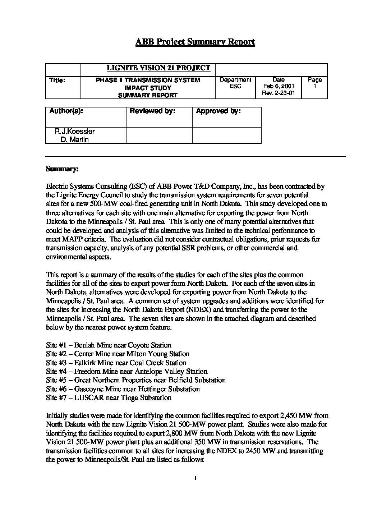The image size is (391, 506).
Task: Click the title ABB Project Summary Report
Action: tap(195, 42)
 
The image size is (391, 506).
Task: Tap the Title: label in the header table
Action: tap(57, 80)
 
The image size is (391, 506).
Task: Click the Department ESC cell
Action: tap(235, 83)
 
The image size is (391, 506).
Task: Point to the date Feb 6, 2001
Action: tap(279, 87)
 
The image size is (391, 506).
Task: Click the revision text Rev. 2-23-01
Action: tap(279, 93)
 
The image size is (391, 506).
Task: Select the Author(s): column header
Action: tap(66, 111)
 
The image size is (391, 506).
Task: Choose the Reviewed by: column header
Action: tap(152, 111)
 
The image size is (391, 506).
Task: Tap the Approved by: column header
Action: tap(218, 111)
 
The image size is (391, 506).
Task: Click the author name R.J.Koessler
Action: tap(75, 132)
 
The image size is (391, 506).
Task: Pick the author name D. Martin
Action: tap(75, 139)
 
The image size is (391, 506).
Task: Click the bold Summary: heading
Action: tap(60, 169)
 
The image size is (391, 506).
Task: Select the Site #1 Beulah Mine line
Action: tap(109, 345)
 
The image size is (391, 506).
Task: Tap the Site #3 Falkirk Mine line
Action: tap(116, 363)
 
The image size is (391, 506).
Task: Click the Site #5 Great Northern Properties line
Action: tap(136, 380)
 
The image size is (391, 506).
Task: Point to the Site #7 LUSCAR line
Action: tap(109, 397)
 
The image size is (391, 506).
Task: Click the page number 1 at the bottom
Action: tap(195, 478)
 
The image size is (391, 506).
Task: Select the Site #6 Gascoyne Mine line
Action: tap(123, 389)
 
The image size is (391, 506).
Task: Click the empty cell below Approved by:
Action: tap(226, 135)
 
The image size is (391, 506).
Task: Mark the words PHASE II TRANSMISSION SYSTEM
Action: tap(148, 80)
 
